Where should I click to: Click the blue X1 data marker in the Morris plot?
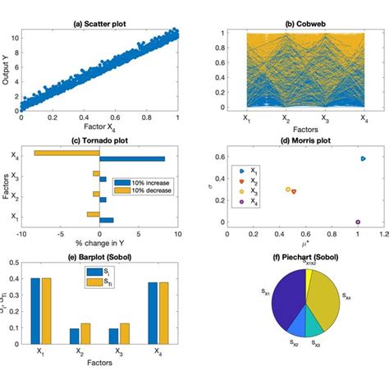coord(363,158)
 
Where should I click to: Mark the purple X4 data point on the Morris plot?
coord(357,222)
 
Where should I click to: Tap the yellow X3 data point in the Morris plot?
coord(288,189)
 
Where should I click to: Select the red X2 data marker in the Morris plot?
coord(294,191)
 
